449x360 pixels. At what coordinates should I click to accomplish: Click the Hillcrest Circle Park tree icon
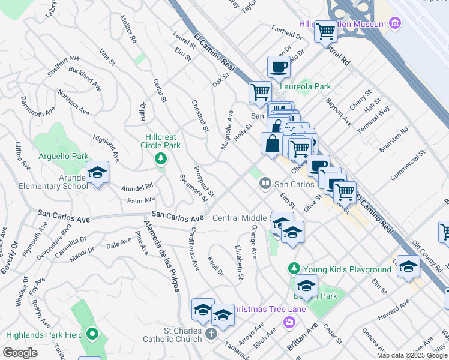coord(160,158)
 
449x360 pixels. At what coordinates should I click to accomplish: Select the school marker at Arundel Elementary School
coord(97,174)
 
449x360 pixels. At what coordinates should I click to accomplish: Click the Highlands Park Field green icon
coord(92,334)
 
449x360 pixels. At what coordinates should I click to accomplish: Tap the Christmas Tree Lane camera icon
coord(290,322)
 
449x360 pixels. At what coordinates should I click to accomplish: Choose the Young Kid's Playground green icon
coord(294,268)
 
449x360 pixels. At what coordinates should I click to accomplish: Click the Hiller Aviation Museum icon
coord(395,23)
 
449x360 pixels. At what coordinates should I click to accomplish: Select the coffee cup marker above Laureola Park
coord(279,67)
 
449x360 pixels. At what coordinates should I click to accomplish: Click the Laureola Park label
coord(306,86)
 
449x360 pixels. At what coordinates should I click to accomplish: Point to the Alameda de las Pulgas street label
coord(161,256)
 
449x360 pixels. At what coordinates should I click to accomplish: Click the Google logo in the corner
coord(20,353)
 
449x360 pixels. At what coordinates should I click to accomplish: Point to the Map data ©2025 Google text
coord(412,355)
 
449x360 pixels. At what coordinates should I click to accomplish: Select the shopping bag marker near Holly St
coord(272,144)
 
